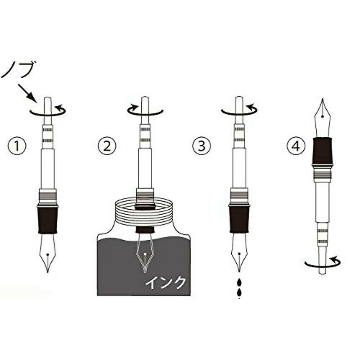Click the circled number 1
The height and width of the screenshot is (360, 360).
(x=17, y=146)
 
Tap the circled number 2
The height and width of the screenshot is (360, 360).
(x=107, y=146)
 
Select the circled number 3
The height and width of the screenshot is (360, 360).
(x=202, y=146)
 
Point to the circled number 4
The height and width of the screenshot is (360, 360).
(x=296, y=146)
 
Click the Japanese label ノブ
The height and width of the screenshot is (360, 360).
(x=19, y=69)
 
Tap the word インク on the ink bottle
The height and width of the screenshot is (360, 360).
(x=166, y=282)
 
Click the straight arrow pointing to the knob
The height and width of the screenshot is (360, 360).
(x=27, y=93)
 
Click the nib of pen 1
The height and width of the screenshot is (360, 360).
(x=48, y=253)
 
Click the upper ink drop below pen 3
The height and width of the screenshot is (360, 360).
(x=239, y=283)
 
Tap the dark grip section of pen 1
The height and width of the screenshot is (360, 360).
(x=48, y=220)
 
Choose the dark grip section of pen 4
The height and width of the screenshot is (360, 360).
(x=323, y=151)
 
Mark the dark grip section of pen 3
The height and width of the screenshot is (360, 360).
(x=239, y=219)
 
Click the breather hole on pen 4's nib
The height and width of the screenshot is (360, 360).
(x=323, y=117)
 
